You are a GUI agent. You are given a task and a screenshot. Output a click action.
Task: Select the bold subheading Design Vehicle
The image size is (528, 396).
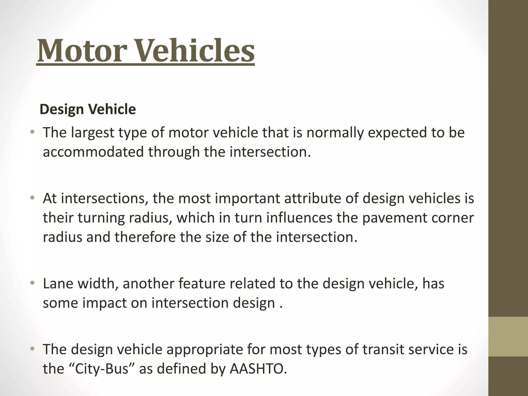(x=88, y=109)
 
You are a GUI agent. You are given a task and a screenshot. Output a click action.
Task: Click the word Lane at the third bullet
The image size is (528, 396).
(x=58, y=284)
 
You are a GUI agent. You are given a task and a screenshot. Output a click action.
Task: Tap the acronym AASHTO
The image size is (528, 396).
(x=258, y=369)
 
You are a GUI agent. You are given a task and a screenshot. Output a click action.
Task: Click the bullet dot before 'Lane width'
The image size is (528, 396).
(x=32, y=283)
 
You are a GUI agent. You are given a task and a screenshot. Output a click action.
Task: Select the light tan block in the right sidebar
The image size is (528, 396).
(x=508, y=336)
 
